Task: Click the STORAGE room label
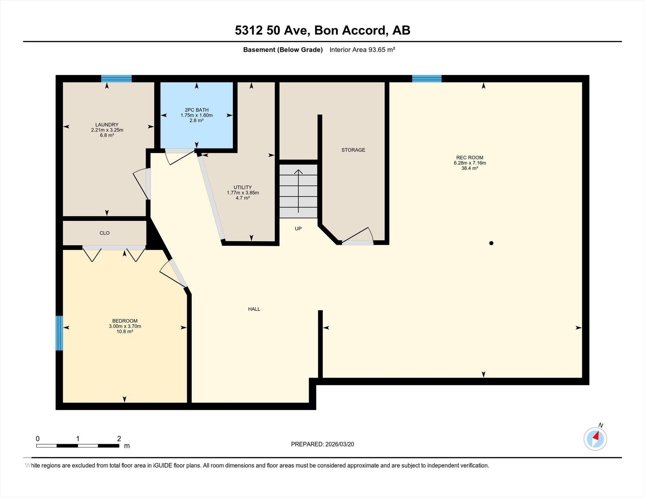pos(353,150)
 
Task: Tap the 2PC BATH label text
pos(197,110)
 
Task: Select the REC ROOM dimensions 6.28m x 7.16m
pos(470,163)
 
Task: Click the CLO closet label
pos(105,233)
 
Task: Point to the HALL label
pos(254,309)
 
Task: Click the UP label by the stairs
pos(298,229)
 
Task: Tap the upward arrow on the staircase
pos(298,191)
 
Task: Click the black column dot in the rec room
pos(491,243)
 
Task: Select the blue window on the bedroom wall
pos(59,333)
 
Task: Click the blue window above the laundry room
pos(116,79)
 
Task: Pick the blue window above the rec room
pos(427,79)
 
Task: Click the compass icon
pos(595,439)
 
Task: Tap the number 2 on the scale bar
pos(119,439)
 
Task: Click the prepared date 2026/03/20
pos(340,444)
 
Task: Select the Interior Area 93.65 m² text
pos(362,50)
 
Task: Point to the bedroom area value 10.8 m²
pos(124,332)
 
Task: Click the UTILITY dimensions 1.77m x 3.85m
pos(243,193)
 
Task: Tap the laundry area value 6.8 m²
pos(107,135)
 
